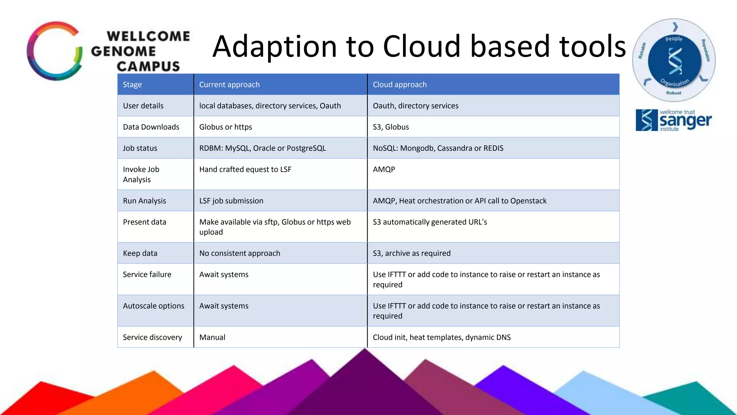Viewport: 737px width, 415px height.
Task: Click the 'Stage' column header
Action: tap(132, 85)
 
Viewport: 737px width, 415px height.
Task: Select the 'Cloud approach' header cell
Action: tap(399, 85)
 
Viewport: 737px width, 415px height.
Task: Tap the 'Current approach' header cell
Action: tap(229, 85)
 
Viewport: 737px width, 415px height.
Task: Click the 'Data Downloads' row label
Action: tap(151, 127)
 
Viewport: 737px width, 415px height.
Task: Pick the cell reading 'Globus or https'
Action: tap(226, 127)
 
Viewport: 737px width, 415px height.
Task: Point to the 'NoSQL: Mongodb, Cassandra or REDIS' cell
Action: tap(438, 148)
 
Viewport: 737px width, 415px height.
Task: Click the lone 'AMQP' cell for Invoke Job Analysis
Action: tap(384, 169)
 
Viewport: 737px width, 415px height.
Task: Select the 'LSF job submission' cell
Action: tap(231, 201)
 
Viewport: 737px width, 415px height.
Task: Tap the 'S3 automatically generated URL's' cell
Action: tap(430, 222)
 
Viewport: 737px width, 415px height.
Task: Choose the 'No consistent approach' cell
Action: tap(240, 253)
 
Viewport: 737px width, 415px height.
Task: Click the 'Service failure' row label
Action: tap(147, 275)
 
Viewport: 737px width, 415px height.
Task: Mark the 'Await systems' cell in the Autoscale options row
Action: tap(224, 306)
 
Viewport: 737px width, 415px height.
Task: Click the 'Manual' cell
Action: tap(212, 337)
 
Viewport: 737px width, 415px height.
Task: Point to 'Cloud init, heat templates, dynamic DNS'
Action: tap(442, 337)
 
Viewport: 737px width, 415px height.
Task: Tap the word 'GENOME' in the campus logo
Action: tap(123, 51)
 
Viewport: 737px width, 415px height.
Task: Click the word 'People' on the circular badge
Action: tap(674, 39)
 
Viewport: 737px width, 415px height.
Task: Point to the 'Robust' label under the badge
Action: tap(674, 93)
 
